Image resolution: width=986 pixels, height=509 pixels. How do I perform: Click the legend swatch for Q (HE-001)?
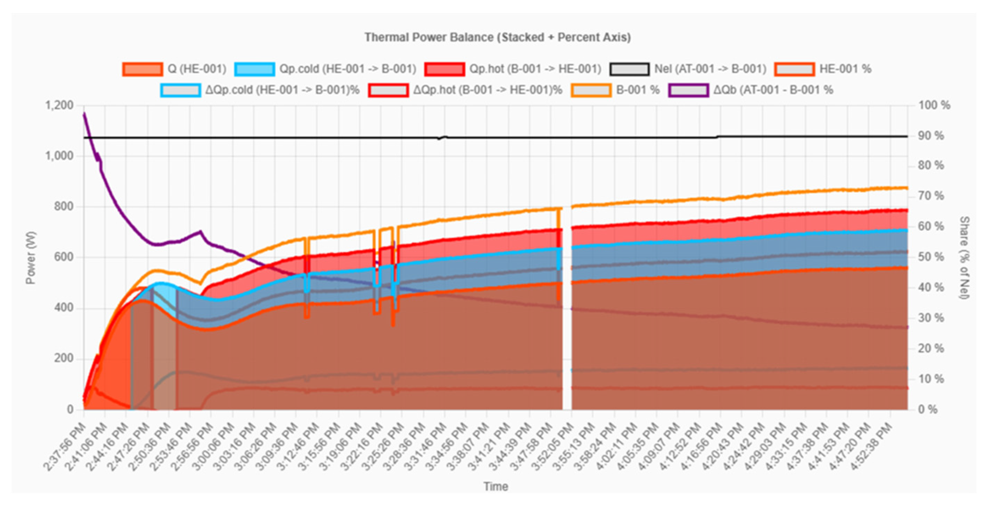point(142,69)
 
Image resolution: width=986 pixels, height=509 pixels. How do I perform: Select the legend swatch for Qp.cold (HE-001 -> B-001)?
point(254,69)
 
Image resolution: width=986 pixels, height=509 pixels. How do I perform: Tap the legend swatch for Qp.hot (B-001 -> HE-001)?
point(445,69)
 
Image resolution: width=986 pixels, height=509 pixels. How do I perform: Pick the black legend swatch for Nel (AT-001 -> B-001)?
point(629,69)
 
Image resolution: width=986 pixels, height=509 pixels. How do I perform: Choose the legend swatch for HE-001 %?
point(794,69)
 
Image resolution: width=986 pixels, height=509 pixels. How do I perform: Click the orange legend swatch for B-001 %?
point(591,90)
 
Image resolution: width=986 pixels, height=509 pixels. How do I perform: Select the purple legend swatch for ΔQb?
point(688,90)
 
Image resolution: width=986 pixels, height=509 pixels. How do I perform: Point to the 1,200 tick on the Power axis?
point(59,105)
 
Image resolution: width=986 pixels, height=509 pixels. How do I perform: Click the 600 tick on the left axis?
point(65,257)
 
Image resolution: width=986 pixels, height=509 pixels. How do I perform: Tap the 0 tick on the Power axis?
point(70,410)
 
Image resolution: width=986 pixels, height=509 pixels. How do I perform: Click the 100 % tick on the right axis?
point(934,105)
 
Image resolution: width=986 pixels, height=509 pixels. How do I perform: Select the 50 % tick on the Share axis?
point(931,257)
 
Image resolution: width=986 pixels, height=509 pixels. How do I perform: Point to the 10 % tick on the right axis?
point(931,379)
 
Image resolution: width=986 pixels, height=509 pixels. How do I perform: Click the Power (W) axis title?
point(31,258)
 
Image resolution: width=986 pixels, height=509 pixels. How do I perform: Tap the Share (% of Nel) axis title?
point(965,257)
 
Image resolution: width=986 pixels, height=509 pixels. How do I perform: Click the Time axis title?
point(496,486)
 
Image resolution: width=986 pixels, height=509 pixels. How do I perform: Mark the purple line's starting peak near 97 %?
point(84,113)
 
